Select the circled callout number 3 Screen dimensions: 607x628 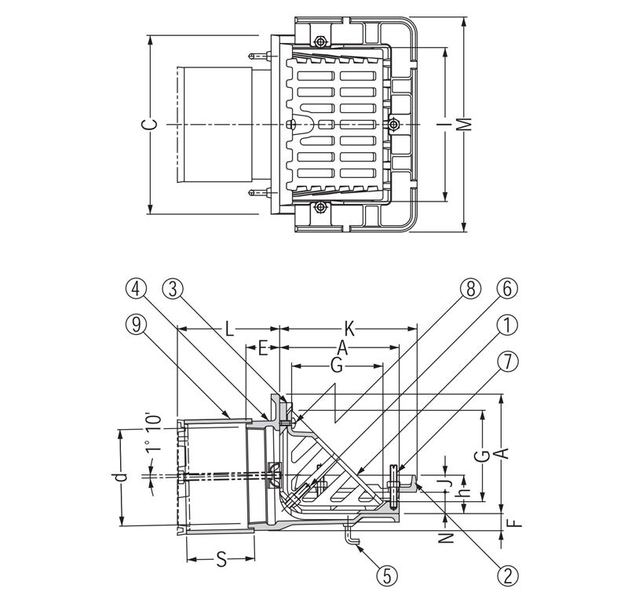174,289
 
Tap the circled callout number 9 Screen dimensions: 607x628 139,324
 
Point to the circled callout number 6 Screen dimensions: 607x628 507,289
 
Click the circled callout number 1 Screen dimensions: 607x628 507,324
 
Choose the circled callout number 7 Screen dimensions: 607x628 507,360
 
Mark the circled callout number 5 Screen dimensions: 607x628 384,575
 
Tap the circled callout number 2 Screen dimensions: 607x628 507,575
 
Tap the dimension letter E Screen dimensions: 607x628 265,346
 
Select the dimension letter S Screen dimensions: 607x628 221,560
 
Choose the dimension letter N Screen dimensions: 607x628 444,539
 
